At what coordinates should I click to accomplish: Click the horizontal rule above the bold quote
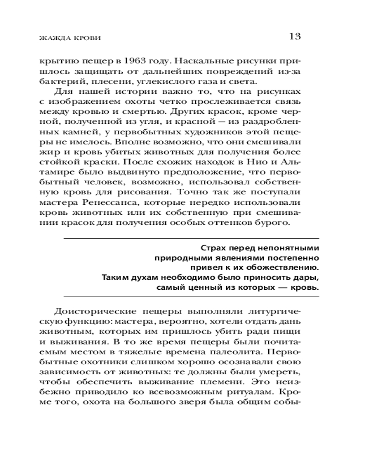[192, 238]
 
